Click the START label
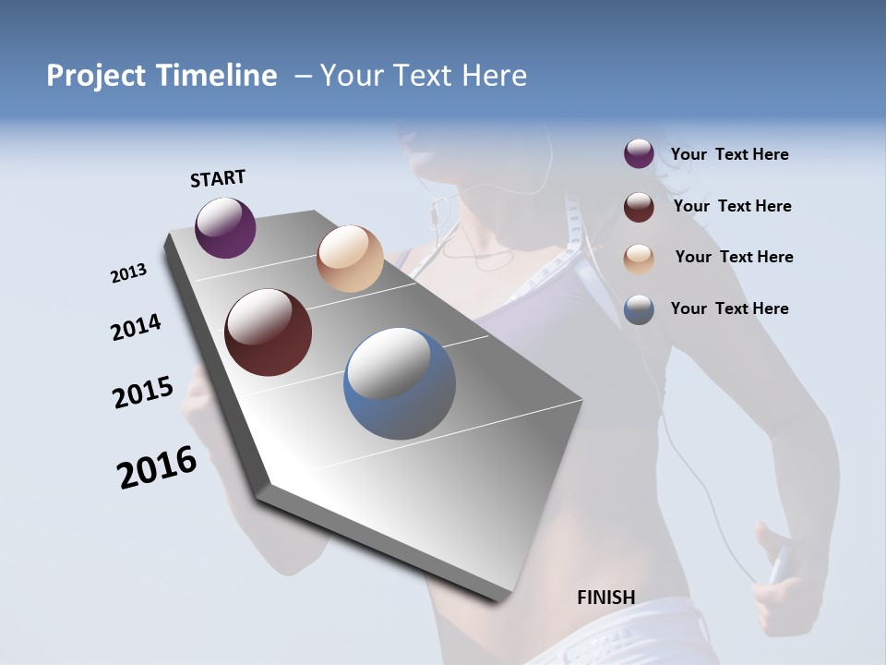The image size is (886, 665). click(x=218, y=178)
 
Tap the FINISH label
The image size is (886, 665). click(x=606, y=598)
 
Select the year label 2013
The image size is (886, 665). click(x=129, y=273)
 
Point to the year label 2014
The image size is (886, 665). click(x=137, y=327)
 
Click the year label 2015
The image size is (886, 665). click(x=143, y=393)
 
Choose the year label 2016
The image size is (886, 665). click(x=157, y=467)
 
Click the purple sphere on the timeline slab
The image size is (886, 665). click(x=225, y=228)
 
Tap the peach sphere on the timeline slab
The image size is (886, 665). click(x=350, y=259)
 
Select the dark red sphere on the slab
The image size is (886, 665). click(x=269, y=332)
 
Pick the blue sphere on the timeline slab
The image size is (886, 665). click(x=400, y=383)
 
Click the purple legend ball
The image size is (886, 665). click(x=639, y=154)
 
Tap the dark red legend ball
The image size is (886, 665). click(x=639, y=207)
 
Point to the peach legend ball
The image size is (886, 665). click(x=639, y=259)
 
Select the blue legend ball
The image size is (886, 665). click(x=639, y=309)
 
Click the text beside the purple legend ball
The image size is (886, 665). click(x=729, y=154)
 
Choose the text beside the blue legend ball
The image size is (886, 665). click(x=729, y=308)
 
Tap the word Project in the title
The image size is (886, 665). click(x=95, y=76)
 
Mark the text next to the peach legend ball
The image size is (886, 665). click(x=734, y=257)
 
